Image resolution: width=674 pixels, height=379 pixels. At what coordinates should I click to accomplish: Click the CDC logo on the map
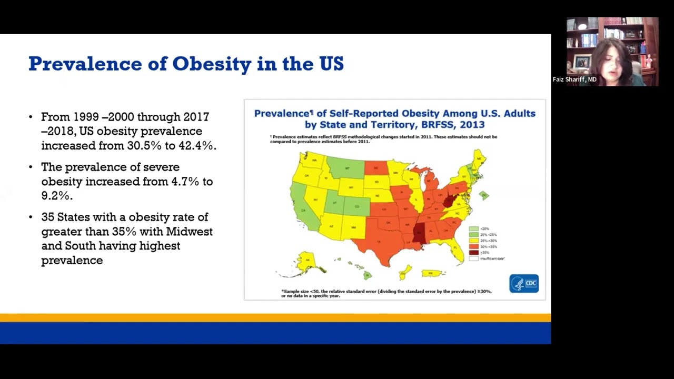point(523,284)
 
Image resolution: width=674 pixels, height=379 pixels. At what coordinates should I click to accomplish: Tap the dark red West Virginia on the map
point(449,201)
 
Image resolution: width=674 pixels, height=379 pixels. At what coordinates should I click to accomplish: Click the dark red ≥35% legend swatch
point(473,253)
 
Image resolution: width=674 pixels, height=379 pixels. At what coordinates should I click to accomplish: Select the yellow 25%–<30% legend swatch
point(473,241)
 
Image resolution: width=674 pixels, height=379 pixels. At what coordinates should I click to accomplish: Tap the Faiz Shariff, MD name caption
point(574,79)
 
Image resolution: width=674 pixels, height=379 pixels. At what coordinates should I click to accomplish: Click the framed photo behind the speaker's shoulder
point(582,62)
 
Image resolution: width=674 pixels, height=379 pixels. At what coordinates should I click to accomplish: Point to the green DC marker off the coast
point(484,196)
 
